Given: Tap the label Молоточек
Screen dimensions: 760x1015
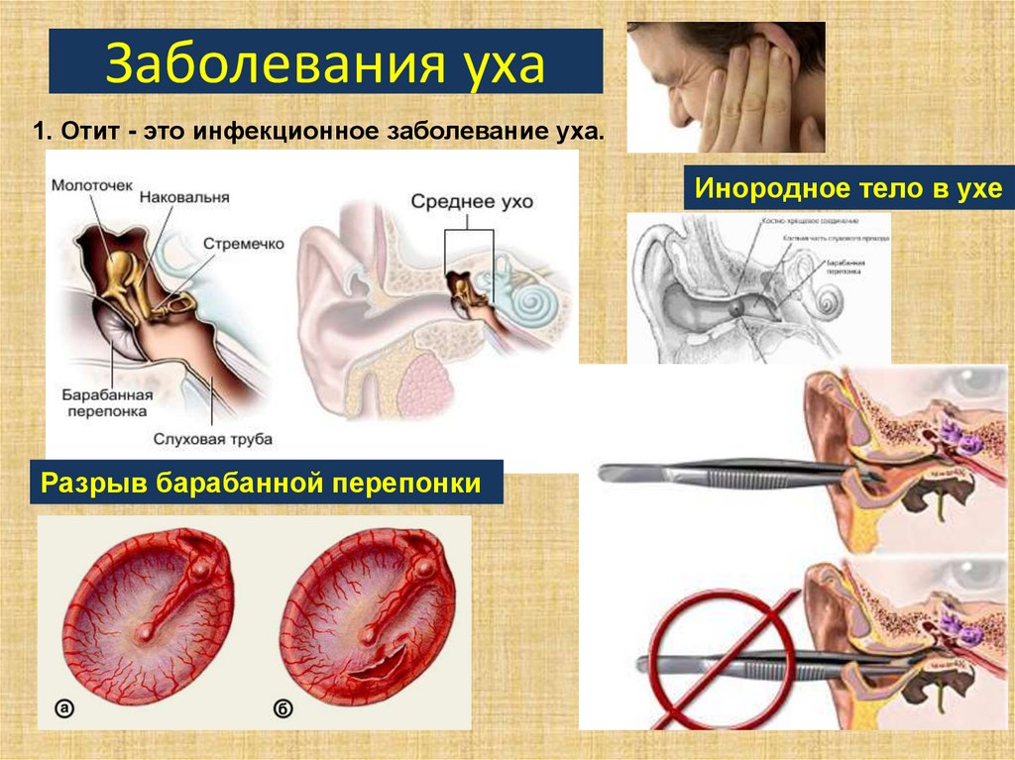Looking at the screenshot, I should (91, 184).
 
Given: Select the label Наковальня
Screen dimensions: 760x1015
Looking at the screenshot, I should (184, 197).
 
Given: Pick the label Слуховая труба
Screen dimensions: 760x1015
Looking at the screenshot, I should (212, 437).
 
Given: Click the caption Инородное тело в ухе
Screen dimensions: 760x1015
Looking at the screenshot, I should (847, 188).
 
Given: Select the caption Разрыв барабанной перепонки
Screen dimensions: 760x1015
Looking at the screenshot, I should (268, 484).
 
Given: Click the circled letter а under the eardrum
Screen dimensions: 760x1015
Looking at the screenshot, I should (64, 707).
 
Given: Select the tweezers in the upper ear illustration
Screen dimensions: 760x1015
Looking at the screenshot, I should (733, 474).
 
